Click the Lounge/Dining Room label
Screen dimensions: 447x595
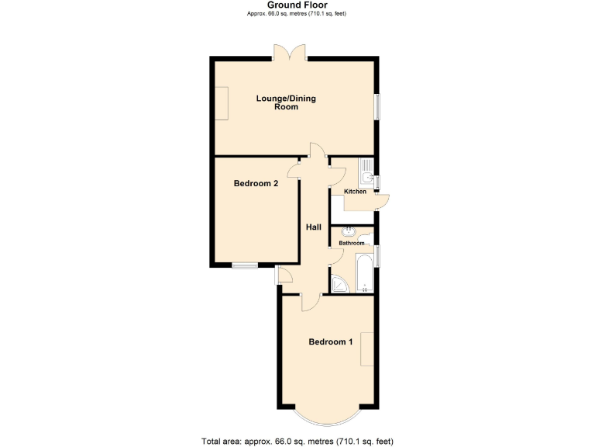click(286, 102)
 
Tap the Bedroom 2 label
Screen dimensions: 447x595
click(256, 184)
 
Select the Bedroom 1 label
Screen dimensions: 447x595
click(331, 341)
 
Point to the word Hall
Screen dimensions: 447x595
click(314, 227)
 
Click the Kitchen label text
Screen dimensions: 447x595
click(356, 192)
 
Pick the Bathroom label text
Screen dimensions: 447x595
click(352, 243)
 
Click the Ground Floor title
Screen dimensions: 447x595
click(297, 5)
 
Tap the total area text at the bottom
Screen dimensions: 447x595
click(297, 440)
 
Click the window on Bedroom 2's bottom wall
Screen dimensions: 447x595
click(246, 266)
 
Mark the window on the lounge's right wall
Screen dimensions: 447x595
click(378, 107)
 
